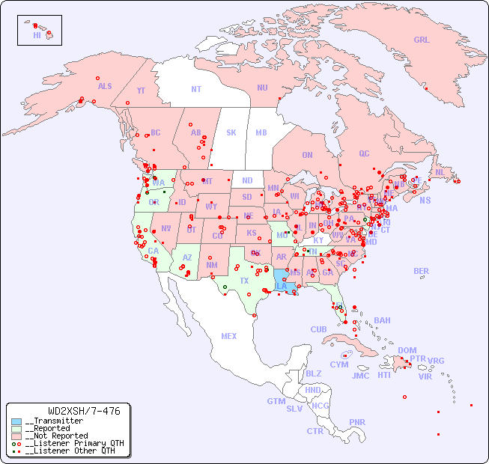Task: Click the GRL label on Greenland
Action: coord(422,40)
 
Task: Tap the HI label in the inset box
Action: coord(37,35)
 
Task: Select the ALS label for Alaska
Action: coord(105,86)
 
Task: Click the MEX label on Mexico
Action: coord(229,336)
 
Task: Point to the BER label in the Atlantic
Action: coord(422,271)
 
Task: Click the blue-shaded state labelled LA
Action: coord(282,286)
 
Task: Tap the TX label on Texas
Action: coord(244,281)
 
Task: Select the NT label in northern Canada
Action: coord(196,88)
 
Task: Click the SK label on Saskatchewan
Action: coord(231,132)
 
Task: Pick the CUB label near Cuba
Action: coord(318,329)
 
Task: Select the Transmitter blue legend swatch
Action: coord(16,421)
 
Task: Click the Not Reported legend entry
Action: coord(56,436)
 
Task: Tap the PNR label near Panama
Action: coord(357,422)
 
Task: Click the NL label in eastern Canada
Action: coord(440,171)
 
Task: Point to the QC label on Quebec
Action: coord(364,153)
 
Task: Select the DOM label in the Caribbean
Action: coord(407,350)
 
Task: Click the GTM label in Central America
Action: coord(276,401)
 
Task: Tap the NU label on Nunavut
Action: coord(262,88)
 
